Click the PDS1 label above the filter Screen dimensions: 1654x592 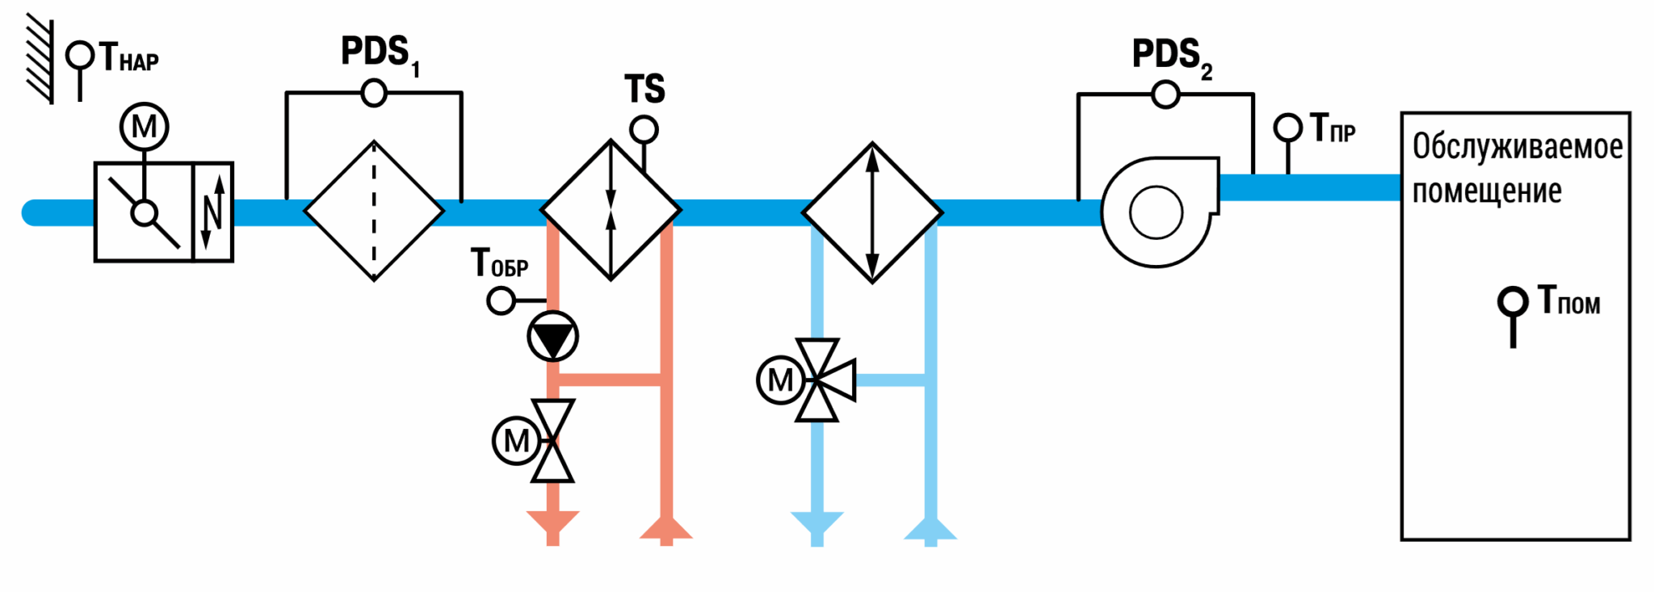(x=380, y=54)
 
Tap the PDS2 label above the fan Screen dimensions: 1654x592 (x=1172, y=57)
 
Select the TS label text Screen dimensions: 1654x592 (x=644, y=89)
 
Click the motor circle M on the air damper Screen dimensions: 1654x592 (x=145, y=127)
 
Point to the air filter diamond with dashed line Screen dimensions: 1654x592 (x=374, y=211)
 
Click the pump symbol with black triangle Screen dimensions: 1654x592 (x=553, y=336)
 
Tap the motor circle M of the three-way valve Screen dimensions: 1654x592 (x=780, y=380)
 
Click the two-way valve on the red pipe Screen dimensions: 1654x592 (x=553, y=441)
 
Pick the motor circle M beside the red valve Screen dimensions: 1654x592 (x=516, y=441)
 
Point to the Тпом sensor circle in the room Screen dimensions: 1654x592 (x=1513, y=302)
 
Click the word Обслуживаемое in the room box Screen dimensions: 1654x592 (x=1518, y=147)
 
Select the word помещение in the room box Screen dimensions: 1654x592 (x=1487, y=191)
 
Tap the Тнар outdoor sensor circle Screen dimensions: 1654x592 (x=80, y=56)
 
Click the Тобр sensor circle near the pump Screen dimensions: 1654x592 (x=502, y=301)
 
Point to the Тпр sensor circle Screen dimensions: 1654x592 (x=1288, y=128)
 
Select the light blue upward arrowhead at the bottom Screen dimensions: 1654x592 (x=930, y=528)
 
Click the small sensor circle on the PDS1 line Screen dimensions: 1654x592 (x=374, y=93)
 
